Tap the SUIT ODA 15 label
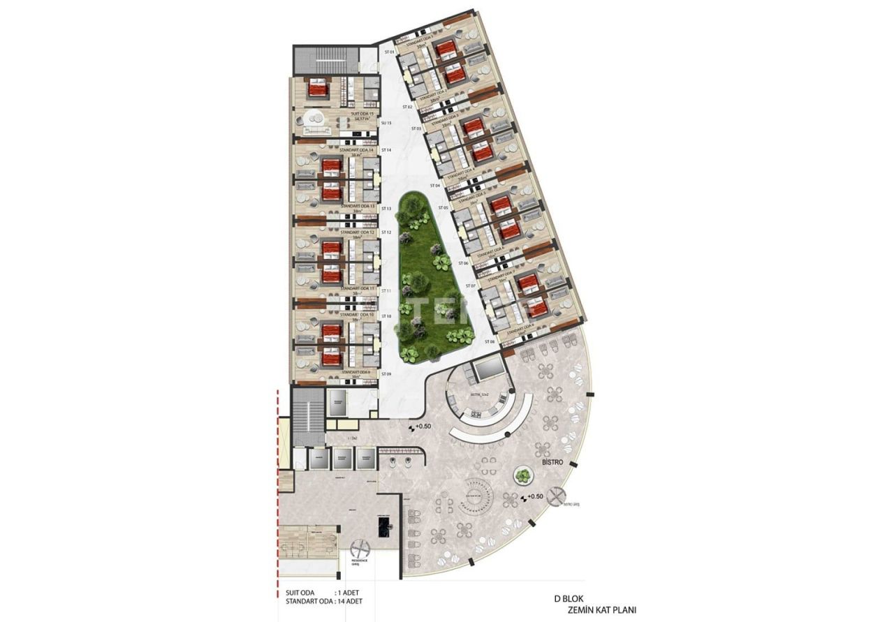pos(362,113)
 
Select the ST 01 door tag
pos(389,52)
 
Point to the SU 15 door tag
pos(386,124)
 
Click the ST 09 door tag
pos(386,375)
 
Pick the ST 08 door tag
pos(490,342)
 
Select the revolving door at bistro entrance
pos(555,496)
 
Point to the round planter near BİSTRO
pos(522,476)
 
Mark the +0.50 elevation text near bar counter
pos(423,427)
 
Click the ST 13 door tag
pos(386,209)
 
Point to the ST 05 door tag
pos(442,208)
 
